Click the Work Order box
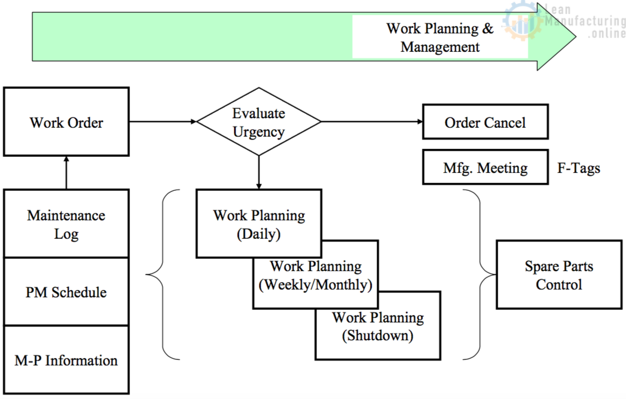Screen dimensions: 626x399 66,122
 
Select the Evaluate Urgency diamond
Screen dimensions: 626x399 259,122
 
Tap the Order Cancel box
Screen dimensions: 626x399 485,122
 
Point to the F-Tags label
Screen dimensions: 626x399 579,168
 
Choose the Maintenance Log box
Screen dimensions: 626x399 66,224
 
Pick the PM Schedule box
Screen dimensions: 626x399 66,292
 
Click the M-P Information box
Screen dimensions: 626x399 66,360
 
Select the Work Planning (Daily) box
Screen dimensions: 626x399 259,224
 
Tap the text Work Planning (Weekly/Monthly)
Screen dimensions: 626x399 315,276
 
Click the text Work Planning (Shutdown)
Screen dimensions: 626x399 378,326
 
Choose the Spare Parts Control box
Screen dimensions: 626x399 559,275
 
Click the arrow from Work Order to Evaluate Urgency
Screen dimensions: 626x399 163,122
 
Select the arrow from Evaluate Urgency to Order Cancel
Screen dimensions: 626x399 372,122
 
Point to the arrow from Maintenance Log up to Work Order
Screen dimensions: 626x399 66,172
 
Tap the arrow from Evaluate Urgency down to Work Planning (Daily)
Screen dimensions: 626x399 259,172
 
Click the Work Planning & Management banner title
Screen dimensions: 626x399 440,37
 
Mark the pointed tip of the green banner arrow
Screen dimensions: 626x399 576,37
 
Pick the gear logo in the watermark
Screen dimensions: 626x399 522,21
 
